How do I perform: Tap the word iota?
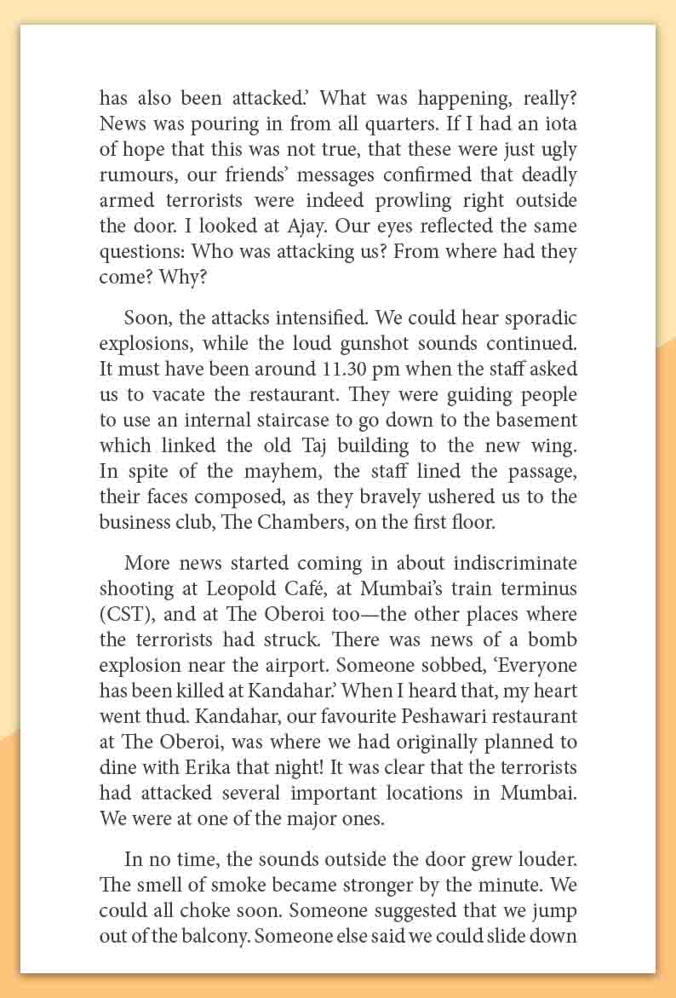(x=559, y=123)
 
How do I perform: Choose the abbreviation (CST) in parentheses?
(x=127, y=614)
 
